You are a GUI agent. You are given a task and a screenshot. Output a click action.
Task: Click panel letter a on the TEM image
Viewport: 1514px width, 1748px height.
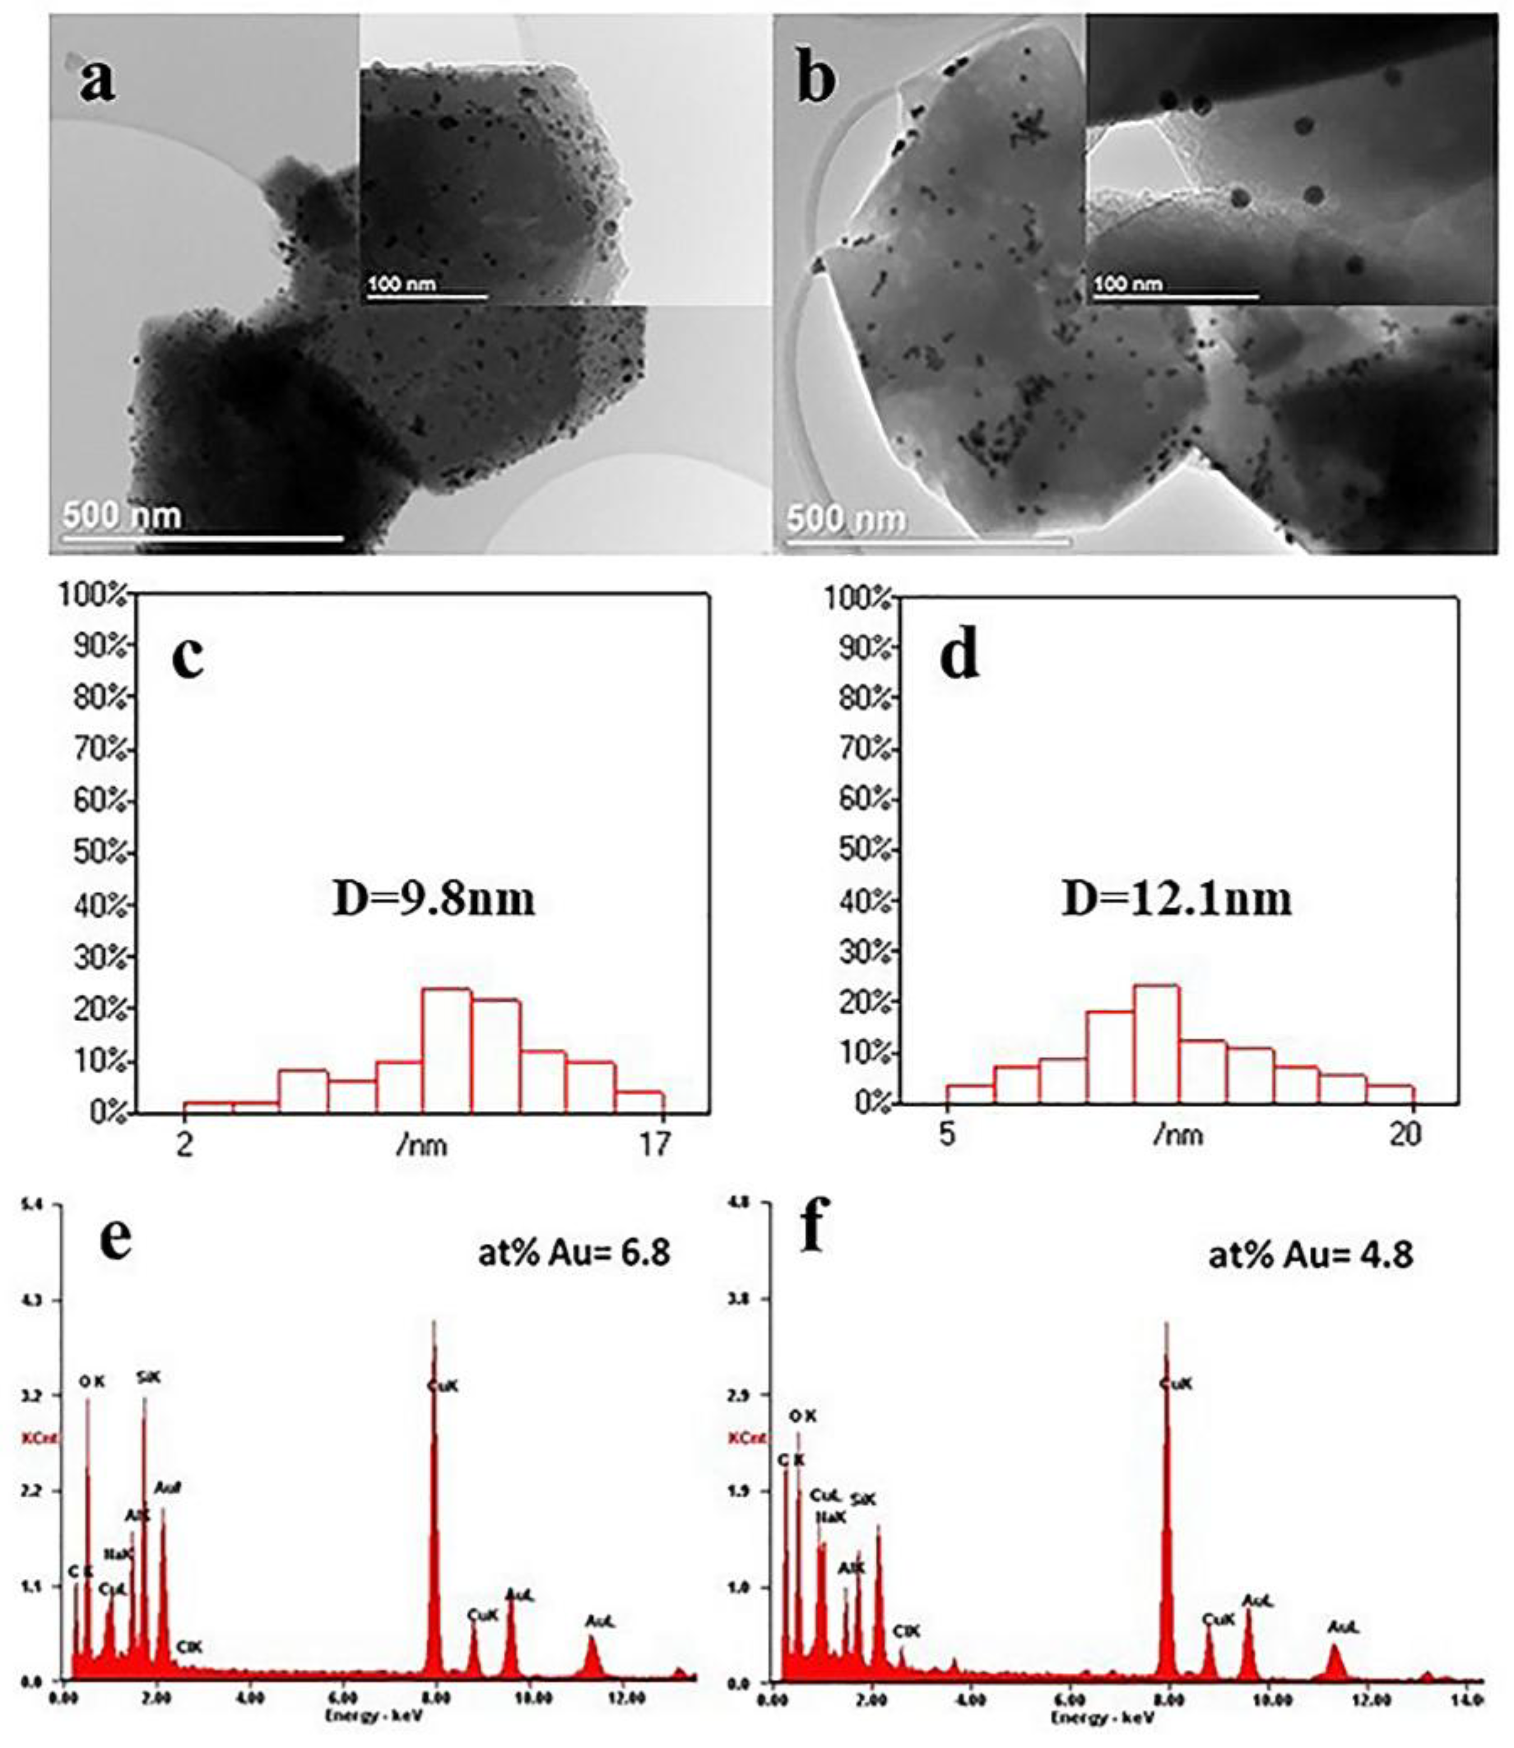(97, 81)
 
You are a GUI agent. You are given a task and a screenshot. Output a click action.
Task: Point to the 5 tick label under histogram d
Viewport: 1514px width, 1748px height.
(947, 1134)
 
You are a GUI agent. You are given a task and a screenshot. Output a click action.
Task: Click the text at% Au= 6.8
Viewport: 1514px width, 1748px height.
(574, 1253)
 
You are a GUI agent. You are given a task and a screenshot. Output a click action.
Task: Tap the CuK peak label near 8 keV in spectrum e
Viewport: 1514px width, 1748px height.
(443, 1387)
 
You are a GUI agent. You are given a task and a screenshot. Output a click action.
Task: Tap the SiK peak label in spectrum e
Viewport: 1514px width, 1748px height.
(148, 1378)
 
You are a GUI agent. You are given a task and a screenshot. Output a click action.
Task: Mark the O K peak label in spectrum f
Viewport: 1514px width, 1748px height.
(802, 1417)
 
